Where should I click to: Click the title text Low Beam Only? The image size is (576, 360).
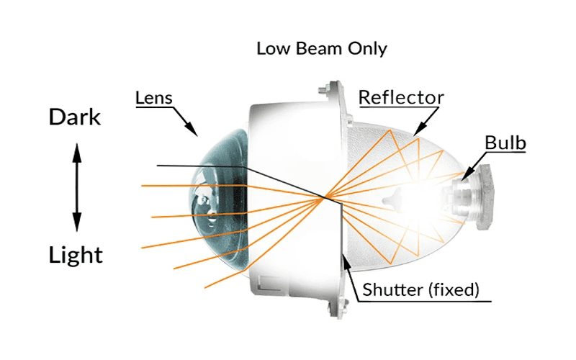coord(321,49)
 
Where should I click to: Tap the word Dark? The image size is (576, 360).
coord(75,117)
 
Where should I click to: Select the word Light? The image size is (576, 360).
coord(76,256)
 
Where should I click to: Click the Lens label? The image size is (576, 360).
coord(154,98)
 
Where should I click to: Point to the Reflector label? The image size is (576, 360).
coord(401,97)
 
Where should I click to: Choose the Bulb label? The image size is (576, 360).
coord(505,143)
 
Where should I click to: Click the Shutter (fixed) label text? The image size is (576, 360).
coord(421,290)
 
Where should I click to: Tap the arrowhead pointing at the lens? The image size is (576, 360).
coord(192,129)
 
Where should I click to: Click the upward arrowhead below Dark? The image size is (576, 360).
coord(77,153)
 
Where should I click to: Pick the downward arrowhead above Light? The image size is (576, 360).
coord(77,222)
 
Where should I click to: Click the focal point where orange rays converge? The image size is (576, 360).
coord(324,199)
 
